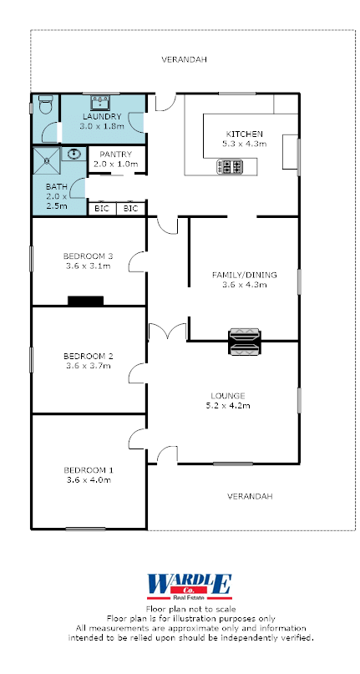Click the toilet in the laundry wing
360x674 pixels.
[45, 104]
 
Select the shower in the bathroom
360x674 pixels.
[47, 160]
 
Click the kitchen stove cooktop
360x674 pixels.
[230, 166]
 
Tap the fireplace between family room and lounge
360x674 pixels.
[244, 342]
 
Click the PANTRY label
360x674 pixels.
[116, 155]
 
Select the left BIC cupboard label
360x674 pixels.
[102, 209]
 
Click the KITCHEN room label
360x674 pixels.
[244, 134]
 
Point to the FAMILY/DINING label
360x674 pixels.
[244, 275]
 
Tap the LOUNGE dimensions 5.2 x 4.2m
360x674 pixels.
[228, 405]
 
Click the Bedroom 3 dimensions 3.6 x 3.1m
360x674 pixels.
[88, 266]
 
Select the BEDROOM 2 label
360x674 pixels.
[89, 356]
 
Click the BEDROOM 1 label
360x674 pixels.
[89, 470]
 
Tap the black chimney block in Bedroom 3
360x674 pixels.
[85, 301]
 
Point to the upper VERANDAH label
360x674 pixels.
[184, 60]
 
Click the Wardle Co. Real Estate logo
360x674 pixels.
[190, 587]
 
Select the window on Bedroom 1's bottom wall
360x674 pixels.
[85, 529]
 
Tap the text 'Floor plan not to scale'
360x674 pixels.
[191, 609]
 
